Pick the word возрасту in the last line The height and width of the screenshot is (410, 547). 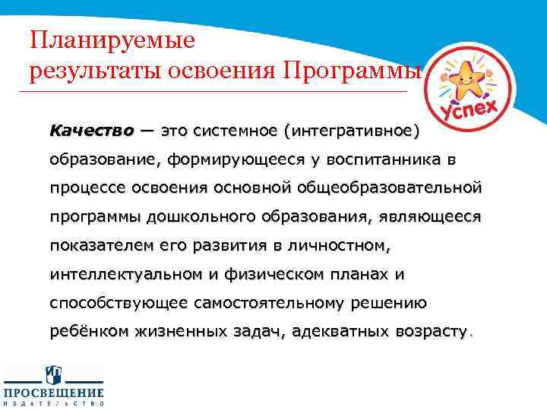coord(429,332)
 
